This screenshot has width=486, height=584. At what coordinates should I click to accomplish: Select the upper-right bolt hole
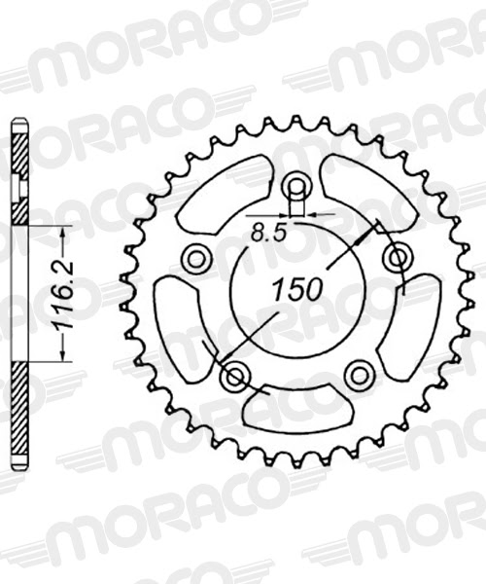(x=395, y=258)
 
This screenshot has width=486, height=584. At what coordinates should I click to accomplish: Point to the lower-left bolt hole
(x=234, y=375)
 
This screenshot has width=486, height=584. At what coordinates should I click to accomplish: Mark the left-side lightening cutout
(x=181, y=322)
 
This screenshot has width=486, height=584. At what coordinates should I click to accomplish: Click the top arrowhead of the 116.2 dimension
(x=63, y=232)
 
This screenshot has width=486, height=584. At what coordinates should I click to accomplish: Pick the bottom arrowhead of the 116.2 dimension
(x=63, y=357)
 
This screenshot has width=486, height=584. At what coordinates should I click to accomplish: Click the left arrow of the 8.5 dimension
(x=286, y=215)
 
